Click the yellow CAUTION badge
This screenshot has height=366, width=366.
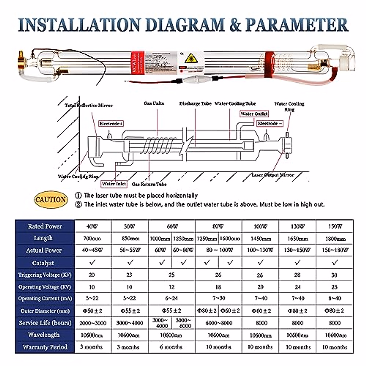[51, 200]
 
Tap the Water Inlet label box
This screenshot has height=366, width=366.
[114, 184]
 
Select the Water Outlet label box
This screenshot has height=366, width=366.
[254, 114]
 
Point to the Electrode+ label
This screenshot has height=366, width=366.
[111, 124]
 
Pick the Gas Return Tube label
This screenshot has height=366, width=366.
[149, 184]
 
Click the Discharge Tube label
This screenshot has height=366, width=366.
[195, 104]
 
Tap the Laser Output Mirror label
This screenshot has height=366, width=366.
[273, 175]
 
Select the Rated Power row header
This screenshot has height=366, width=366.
[45, 226]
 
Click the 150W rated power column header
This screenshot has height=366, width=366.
[335, 226]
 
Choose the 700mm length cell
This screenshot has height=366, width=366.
[92, 239]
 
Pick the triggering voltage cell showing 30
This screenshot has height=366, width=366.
[335, 275]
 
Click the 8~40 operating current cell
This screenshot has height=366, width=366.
[335, 298]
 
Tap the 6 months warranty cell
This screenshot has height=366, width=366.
[171, 347]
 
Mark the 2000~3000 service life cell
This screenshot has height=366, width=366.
[93, 323]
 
